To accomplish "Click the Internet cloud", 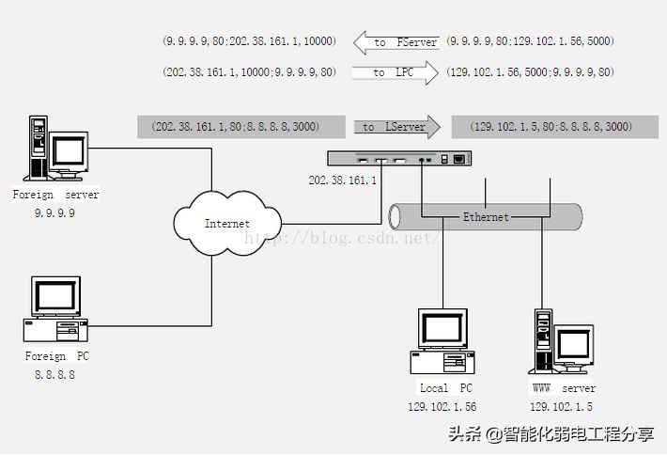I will tap(226, 223).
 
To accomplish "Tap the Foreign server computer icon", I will tap(55, 149).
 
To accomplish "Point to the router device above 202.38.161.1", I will tap(398, 160).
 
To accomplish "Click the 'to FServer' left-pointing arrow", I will tap(395, 42).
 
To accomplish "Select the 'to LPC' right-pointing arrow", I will tap(395, 72).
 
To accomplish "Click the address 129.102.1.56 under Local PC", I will tap(442, 406).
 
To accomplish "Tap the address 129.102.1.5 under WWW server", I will tap(561, 406).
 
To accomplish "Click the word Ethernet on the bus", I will tap(486, 217).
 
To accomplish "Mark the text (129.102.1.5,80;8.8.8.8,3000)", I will tap(551, 126).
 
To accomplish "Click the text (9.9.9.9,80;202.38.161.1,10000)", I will tap(248, 42).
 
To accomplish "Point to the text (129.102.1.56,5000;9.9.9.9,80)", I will tap(531, 72).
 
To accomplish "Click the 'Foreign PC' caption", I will tap(56, 356).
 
